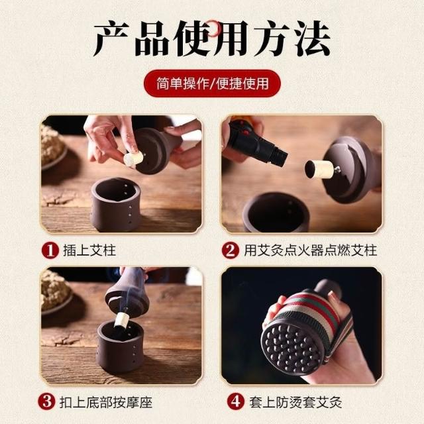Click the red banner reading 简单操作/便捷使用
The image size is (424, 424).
click(212, 83)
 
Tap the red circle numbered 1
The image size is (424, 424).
click(50, 250)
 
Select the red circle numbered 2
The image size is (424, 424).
click(231, 250)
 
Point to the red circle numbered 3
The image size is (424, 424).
click(46, 401)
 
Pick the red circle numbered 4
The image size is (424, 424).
click(236, 401)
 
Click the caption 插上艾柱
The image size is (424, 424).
click(89, 250)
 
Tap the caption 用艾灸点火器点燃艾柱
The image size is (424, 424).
click(311, 250)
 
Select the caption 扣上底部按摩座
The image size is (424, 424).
click(106, 402)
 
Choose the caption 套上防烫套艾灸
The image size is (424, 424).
click(295, 402)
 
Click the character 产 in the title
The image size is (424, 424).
click(112, 38)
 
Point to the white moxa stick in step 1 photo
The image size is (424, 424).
click(133, 158)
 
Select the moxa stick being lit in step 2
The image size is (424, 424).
click(319, 169)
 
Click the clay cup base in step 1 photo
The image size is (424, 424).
click(116, 205)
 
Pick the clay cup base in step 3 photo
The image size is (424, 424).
click(121, 346)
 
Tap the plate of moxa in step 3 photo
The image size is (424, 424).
click(56, 293)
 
